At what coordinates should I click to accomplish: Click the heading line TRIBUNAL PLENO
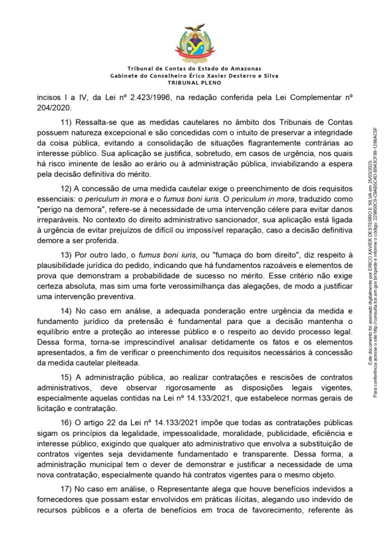pyautogui.click(x=194, y=82)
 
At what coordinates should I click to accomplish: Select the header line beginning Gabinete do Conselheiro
pyautogui.click(x=194, y=75)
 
